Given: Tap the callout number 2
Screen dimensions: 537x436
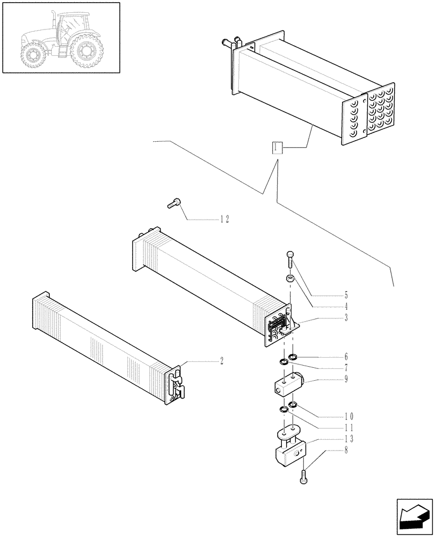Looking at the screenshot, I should pos(221,361).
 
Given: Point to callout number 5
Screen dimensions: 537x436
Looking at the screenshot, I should pos(346,295).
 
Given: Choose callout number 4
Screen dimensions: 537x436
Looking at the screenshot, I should pos(346,307).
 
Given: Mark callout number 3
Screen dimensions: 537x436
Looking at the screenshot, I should pos(346,317).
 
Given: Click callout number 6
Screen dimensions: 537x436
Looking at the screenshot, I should pos(346,357).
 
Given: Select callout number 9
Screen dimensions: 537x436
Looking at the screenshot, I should pos(346,379).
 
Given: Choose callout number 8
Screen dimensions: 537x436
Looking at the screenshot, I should pos(346,450).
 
